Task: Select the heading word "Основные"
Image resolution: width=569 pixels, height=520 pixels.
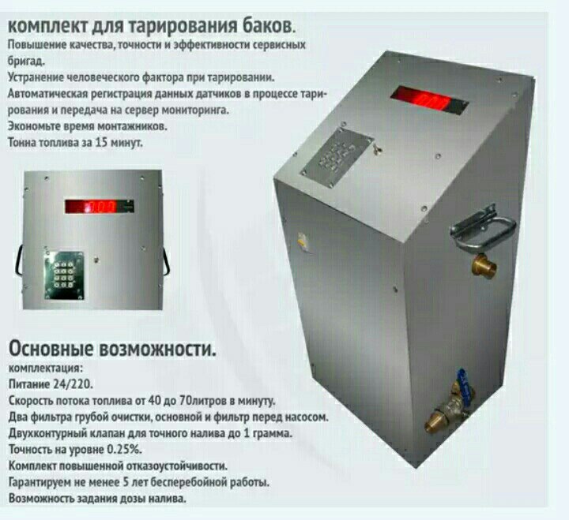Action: click(x=51, y=349)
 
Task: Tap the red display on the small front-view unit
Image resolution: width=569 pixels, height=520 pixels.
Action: click(x=100, y=207)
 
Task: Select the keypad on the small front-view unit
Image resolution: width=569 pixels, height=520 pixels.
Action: click(x=64, y=275)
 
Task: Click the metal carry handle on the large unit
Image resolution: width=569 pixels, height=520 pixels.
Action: click(x=484, y=228)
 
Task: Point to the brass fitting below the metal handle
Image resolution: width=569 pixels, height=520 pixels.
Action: click(x=484, y=265)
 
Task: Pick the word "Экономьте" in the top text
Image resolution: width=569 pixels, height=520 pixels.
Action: click(x=30, y=126)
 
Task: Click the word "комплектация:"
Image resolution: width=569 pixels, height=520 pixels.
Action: click(x=45, y=368)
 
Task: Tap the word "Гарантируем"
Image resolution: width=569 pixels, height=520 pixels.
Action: click(x=33, y=483)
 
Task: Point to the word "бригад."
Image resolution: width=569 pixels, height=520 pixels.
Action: click(x=26, y=62)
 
